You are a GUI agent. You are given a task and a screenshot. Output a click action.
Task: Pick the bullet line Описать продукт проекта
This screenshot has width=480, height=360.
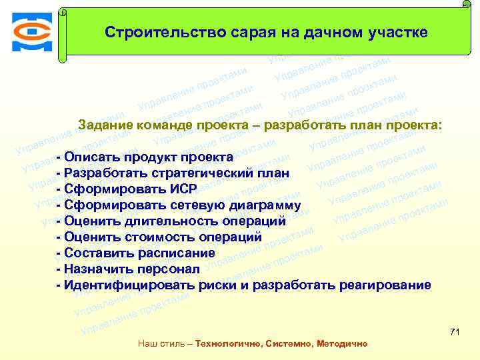coord(145,157)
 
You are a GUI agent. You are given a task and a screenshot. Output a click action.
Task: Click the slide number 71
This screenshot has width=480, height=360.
coord(455,332)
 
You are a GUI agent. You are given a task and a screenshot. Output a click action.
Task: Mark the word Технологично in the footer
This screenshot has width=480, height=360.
coord(228,344)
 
